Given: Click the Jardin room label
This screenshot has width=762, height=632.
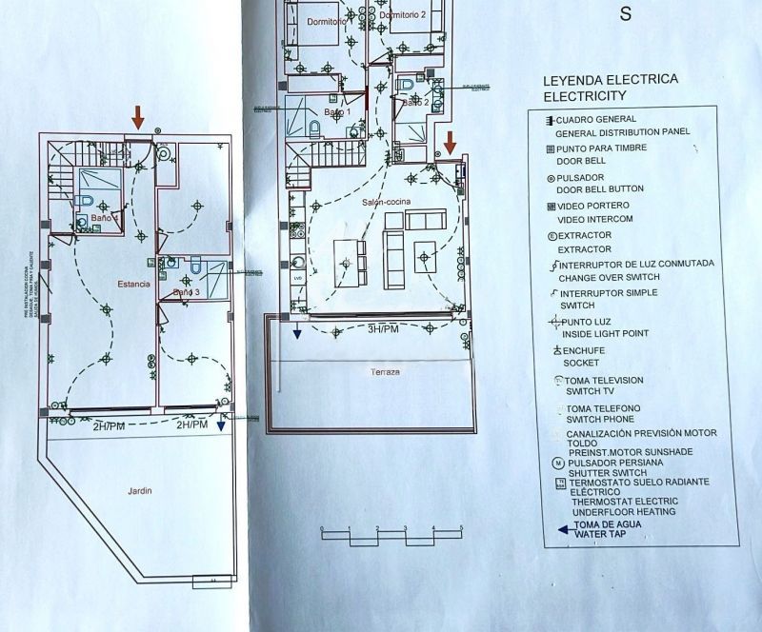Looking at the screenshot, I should tap(140, 491).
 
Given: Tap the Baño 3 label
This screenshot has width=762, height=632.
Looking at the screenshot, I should tap(187, 292).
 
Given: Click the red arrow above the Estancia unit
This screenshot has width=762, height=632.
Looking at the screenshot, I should tap(139, 117).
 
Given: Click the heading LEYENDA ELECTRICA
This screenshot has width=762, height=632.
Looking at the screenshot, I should tap(610, 80).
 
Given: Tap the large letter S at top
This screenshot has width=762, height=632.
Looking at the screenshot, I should tap(626, 13).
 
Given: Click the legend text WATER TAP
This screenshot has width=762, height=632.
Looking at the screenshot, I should tap(605, 536).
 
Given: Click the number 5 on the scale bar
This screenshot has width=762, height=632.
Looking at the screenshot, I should tap(461, 527).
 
